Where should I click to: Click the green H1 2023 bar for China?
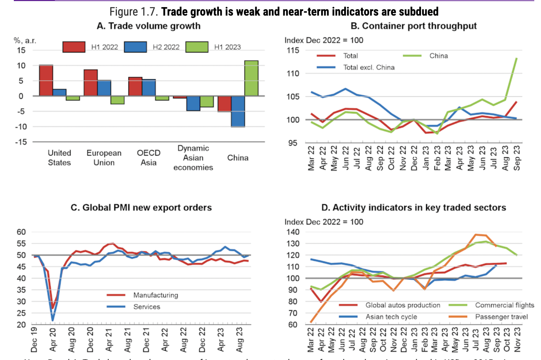click(251, 78)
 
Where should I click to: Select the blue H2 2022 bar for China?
click(238, 111)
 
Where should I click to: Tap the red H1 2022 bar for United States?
click(46, 80)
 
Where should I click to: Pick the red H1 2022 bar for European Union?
click(91, 83)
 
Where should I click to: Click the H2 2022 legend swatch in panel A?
click(135, 47)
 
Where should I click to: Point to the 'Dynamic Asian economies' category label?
click(193, 158)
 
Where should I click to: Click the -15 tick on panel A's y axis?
click(21, 142)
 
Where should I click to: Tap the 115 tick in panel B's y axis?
click(293, 50)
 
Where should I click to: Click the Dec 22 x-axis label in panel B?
click(414, 158)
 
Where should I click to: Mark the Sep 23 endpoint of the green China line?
click(517, 58)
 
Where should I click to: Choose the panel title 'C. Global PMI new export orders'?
click(141, 208)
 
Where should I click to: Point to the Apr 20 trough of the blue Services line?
click(53, 320)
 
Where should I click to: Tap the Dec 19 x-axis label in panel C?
click(34, 340)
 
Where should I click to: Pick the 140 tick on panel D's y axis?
click(293, 232)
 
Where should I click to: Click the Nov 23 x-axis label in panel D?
click(517, 339)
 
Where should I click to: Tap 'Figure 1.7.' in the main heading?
click(133, 12)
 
